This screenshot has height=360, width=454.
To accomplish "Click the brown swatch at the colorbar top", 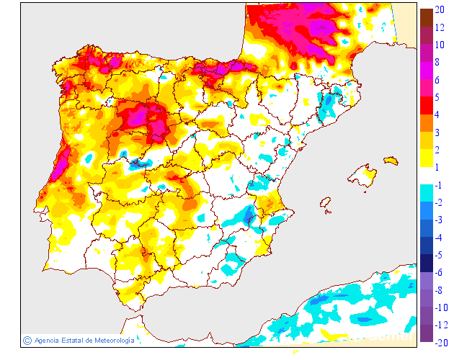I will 427,17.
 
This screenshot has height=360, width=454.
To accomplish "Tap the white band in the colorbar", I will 427,176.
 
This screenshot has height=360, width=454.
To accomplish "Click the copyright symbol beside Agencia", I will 27,340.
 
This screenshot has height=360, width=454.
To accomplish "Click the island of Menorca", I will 391,160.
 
